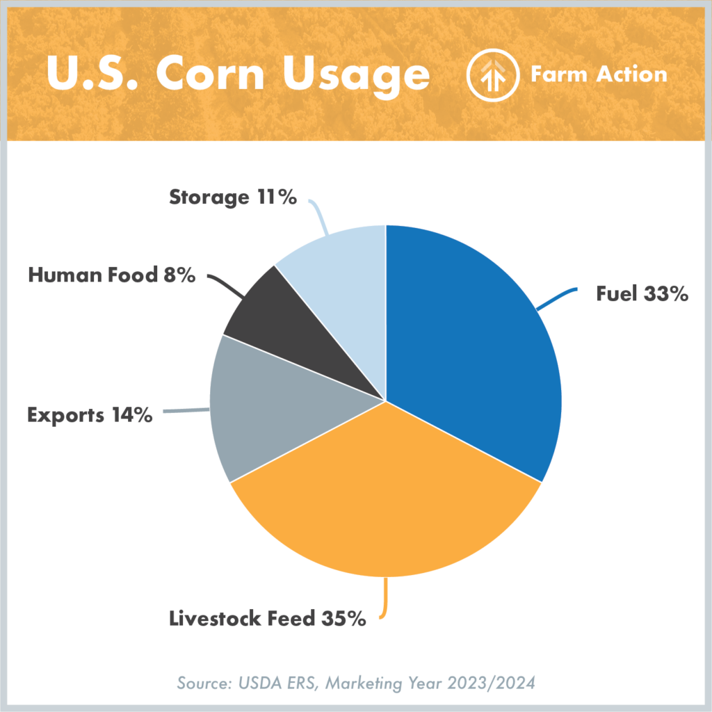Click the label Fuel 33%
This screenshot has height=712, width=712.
pyautogui.click(x=642, y=294)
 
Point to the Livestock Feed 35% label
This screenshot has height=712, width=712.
pyautogui.click(x=268, y=618)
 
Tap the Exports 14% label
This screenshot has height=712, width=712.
pyautogui.click(x=90, y=416)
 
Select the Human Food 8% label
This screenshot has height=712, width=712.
pyautogui.click(x=111, y=275)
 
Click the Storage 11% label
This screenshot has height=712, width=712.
pyautogui.click(x=233, y=197)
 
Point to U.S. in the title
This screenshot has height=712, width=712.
pyautogui.click(x=97, y=74)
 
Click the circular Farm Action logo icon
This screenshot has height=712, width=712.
pyautogui.click(x=493, y=76)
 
